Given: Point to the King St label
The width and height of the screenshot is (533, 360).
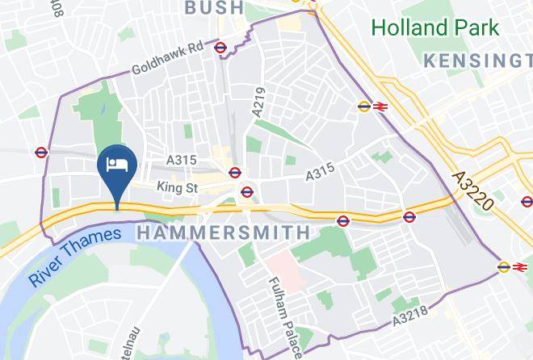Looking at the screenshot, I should [x=177, y=187].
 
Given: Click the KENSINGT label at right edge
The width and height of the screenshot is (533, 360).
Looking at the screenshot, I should [x=478, y=61].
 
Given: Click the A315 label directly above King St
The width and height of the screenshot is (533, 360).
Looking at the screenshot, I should [x=181, y=161].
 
